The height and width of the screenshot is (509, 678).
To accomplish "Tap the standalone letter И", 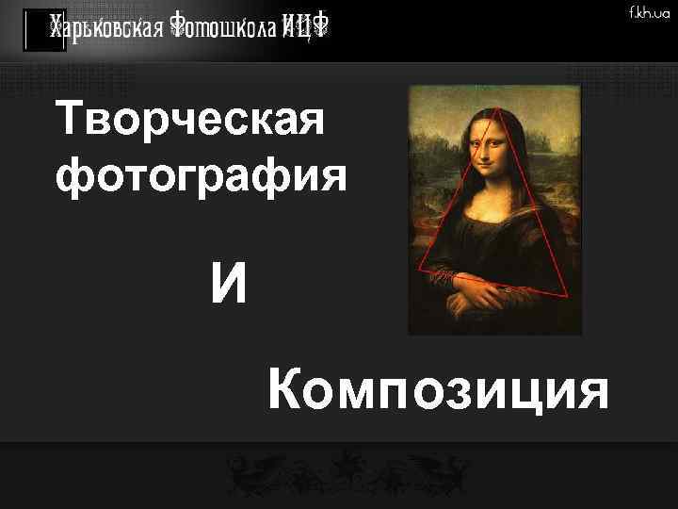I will click(x=230, y=284).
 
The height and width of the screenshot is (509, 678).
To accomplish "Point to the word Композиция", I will click(x=438, y=391).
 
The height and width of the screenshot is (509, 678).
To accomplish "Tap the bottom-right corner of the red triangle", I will click(x=569, y=295).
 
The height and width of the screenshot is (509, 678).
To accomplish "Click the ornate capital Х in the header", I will click(x=58, y=28).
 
